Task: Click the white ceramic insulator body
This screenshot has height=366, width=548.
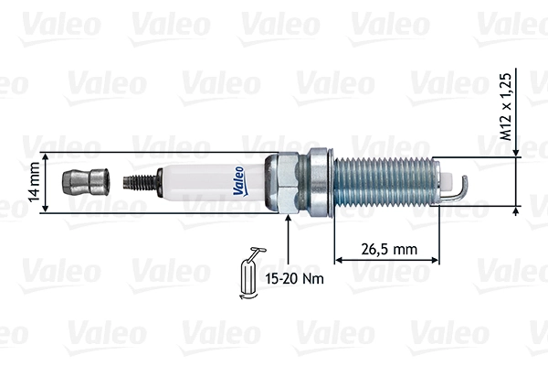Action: (205, 181)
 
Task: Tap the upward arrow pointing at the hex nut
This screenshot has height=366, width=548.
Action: (289, 239)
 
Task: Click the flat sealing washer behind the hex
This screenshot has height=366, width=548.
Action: (319, 182)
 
